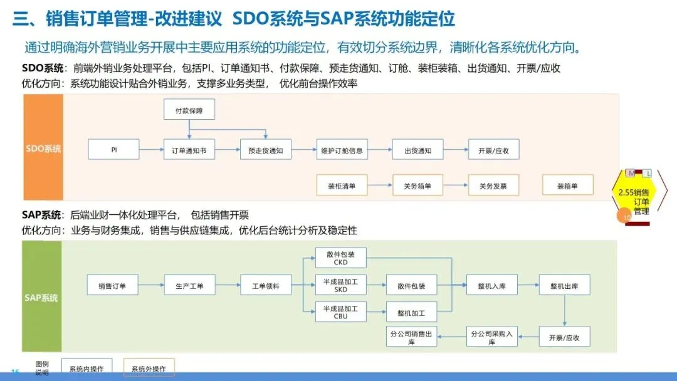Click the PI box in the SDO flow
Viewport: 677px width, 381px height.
point(113,150)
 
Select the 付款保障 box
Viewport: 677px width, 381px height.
point(189,110)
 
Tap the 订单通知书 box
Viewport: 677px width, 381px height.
point(189,150)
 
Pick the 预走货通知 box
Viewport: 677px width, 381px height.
point(265,150)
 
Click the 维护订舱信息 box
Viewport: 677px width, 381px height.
point(341,150)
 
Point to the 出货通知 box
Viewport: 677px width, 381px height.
point(417,150)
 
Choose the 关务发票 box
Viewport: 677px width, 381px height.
point(493,185)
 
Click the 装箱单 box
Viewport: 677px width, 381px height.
point(567,185)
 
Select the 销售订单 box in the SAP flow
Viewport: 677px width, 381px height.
point(112,286)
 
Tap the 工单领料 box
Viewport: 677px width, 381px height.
point(266,286)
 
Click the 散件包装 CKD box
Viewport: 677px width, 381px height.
point(340,258)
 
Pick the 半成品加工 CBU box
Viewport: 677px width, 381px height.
point(340,312)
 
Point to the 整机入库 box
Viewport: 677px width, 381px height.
point(493,286)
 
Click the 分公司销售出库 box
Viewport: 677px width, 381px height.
point(411,338)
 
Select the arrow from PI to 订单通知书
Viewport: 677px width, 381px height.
point(151,150)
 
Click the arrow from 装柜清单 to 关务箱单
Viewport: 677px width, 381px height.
point(379,185)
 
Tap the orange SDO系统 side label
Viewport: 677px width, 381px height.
point(43,149)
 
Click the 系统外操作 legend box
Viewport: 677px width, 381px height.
point(149,369)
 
